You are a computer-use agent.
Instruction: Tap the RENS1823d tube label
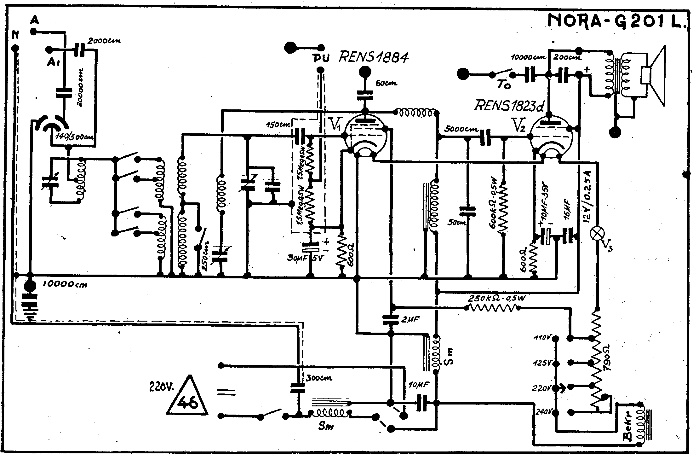point(509,106)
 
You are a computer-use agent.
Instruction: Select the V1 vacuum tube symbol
point(365,136)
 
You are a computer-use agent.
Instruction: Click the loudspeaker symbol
point(654,76)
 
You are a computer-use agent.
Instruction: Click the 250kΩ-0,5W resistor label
point(497,298)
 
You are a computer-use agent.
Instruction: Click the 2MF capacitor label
point(410,320)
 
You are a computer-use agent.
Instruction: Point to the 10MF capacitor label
point(418,385)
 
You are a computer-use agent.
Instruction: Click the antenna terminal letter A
point(35,20)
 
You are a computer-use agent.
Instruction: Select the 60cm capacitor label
point(386,84)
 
